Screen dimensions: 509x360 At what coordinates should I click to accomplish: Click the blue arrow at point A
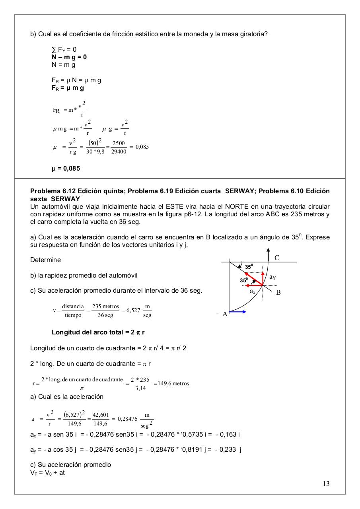(238, 312)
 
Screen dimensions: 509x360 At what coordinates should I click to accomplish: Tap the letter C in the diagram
(277, 258)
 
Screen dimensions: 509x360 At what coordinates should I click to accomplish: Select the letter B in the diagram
(278, 292)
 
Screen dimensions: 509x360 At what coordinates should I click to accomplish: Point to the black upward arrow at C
(269, 254)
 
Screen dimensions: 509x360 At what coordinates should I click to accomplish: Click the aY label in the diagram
(272, 277)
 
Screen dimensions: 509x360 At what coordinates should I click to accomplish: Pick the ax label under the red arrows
(253, 291)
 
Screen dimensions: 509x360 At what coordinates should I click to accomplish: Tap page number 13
(326, 484)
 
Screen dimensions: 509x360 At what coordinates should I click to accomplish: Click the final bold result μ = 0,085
(66, 169)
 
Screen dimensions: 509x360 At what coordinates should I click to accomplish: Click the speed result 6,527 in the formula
(133, 310)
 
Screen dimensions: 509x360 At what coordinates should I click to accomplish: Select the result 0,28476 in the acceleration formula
(128, 419)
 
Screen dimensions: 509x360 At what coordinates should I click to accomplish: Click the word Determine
(45, 260)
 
